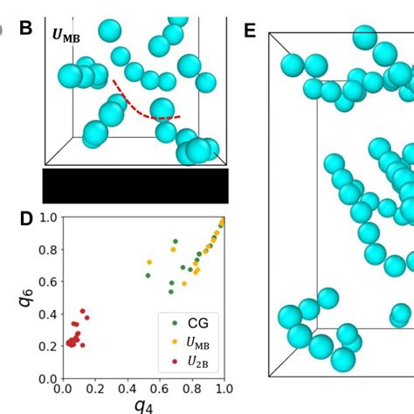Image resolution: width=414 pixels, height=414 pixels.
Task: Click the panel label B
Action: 26,27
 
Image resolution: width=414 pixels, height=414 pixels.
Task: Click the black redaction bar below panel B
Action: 135,185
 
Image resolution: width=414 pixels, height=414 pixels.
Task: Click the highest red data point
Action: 82,311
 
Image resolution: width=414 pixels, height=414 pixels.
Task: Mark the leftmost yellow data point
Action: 149,262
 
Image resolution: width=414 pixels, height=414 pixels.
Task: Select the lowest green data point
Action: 171,290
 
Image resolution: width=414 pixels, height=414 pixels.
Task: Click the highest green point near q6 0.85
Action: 175,241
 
